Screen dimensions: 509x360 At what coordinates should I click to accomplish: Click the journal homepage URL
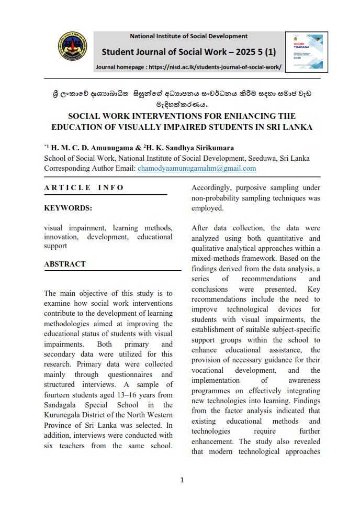point(215,67)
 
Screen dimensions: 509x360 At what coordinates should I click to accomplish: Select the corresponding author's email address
point(197,168)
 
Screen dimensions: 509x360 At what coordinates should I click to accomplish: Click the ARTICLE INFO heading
point(84,187)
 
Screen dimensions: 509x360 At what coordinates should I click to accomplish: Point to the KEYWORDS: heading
point(68,208)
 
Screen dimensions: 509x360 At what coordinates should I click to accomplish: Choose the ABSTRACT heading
point(64,264)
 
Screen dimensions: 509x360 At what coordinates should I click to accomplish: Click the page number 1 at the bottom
point(182,480)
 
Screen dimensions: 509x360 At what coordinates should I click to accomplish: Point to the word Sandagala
point(64,405)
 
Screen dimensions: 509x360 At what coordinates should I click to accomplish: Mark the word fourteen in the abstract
point(59,394)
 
